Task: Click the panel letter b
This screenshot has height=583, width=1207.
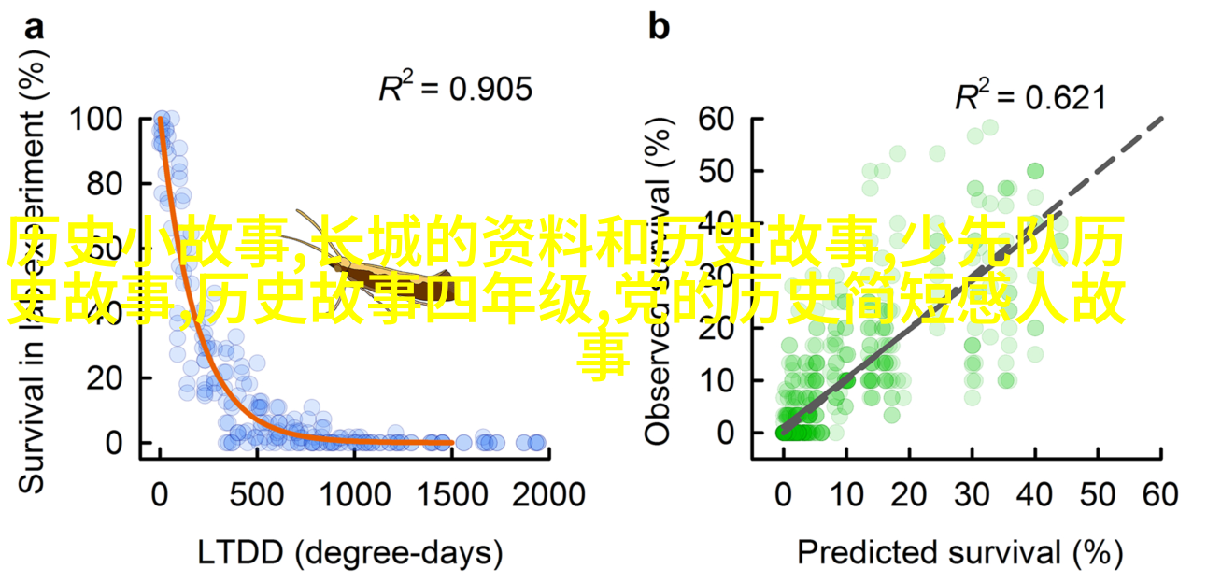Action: point(659,28)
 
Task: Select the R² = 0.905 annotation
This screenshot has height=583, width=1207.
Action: point(455,89)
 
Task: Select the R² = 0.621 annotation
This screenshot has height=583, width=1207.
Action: point(1029,96)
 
